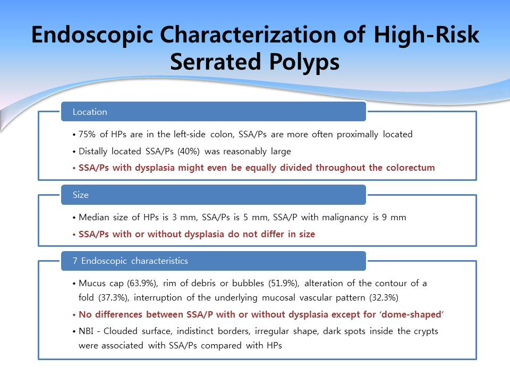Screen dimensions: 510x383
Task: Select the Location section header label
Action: (x=90, y=112)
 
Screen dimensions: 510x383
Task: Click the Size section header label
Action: (x=81, y=195)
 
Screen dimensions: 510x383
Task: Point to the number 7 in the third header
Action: (x=75, y=261)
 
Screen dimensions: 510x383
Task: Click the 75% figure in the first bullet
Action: (x=87, y=134)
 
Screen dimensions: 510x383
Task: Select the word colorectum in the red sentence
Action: (x=411, y=168)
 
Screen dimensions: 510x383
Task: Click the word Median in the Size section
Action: (x=94, y=217)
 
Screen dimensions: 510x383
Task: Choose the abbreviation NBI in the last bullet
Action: (x=86, y=331)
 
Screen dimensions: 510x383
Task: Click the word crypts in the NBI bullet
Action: (x=426, y=331)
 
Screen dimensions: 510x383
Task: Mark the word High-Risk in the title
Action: (x=427, y=35)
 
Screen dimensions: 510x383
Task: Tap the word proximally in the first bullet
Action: (x=358, y=134)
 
